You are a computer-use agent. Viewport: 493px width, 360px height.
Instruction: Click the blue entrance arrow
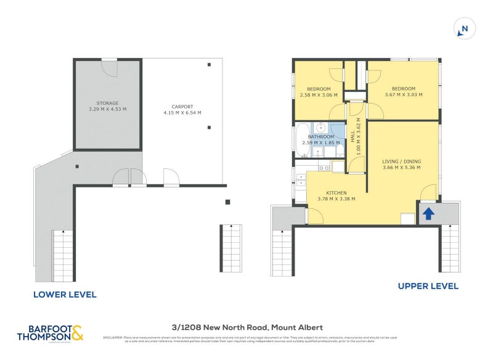[428, 213]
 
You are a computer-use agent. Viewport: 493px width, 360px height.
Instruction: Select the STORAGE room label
[107, 103]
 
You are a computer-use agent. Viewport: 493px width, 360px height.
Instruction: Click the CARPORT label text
[182, 106]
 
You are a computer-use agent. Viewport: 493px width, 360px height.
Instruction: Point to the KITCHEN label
[336, 192]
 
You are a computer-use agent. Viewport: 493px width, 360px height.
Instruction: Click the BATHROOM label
[321, 136]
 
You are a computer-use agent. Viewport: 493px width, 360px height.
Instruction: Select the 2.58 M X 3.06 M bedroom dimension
[318, 95]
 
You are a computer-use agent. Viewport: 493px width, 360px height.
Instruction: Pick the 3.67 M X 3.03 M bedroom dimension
[404, 95]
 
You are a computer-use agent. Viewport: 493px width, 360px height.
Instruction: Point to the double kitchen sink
[301, 181]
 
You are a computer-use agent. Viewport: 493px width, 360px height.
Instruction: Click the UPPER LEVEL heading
[428, 286]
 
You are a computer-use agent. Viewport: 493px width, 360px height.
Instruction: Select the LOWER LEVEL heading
[65, 295]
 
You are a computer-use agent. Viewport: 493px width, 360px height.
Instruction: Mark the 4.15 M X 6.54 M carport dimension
[182, 113]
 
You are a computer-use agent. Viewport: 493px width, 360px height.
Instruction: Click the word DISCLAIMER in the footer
[112, 337]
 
